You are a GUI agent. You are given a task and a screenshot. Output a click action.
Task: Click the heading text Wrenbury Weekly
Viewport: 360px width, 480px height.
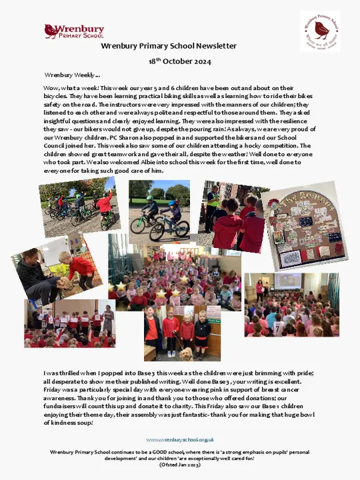71,75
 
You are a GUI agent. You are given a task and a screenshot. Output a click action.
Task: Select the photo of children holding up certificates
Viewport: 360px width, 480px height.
68,323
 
